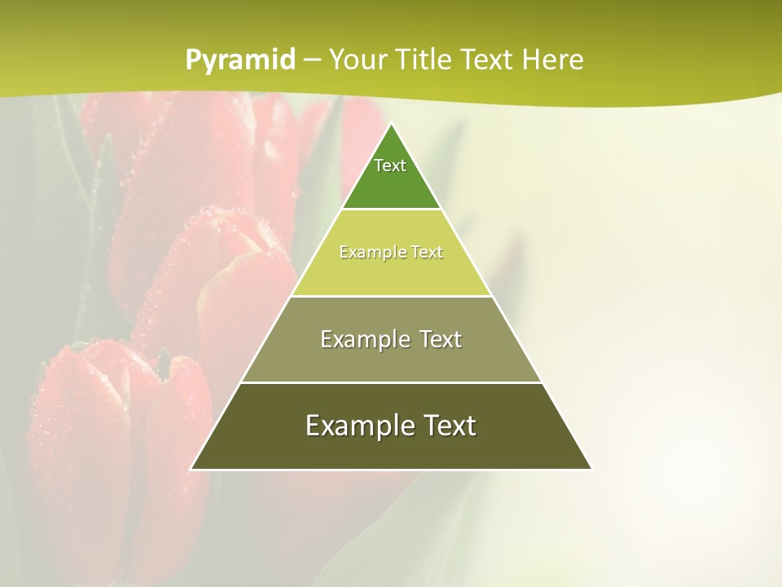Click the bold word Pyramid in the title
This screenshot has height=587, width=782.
239,60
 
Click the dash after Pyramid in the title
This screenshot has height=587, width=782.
311,60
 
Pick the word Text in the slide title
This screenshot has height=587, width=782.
486,60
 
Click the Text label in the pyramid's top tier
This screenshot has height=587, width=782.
390,166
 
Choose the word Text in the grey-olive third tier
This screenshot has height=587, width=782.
441,339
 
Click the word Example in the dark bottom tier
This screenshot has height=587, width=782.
353,426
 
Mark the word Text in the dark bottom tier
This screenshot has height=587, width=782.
448,426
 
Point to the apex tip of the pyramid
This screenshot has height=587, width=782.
391,124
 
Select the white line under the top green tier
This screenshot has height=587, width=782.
391,210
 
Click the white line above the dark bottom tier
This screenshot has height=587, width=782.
391,382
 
